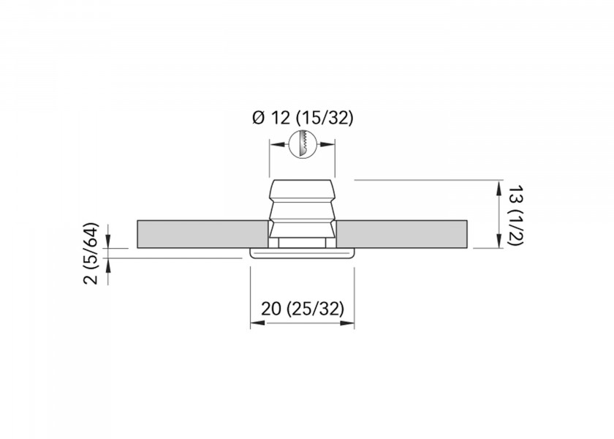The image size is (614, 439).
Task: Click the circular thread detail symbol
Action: [303, 143]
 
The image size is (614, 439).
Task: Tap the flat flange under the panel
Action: [302, 253]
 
